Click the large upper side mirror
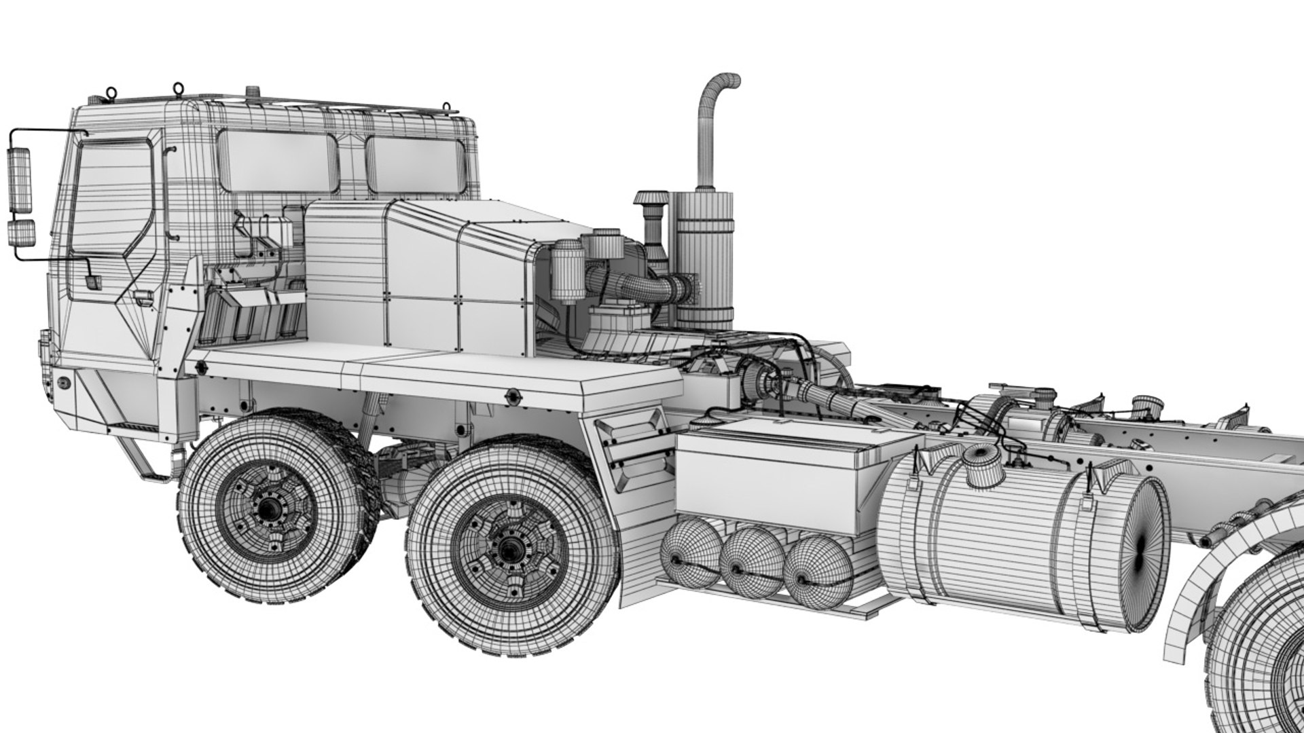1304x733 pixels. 19,179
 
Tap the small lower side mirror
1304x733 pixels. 22,233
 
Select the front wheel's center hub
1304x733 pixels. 270,510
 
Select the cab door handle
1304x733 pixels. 143,297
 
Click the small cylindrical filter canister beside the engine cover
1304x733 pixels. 563,271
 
